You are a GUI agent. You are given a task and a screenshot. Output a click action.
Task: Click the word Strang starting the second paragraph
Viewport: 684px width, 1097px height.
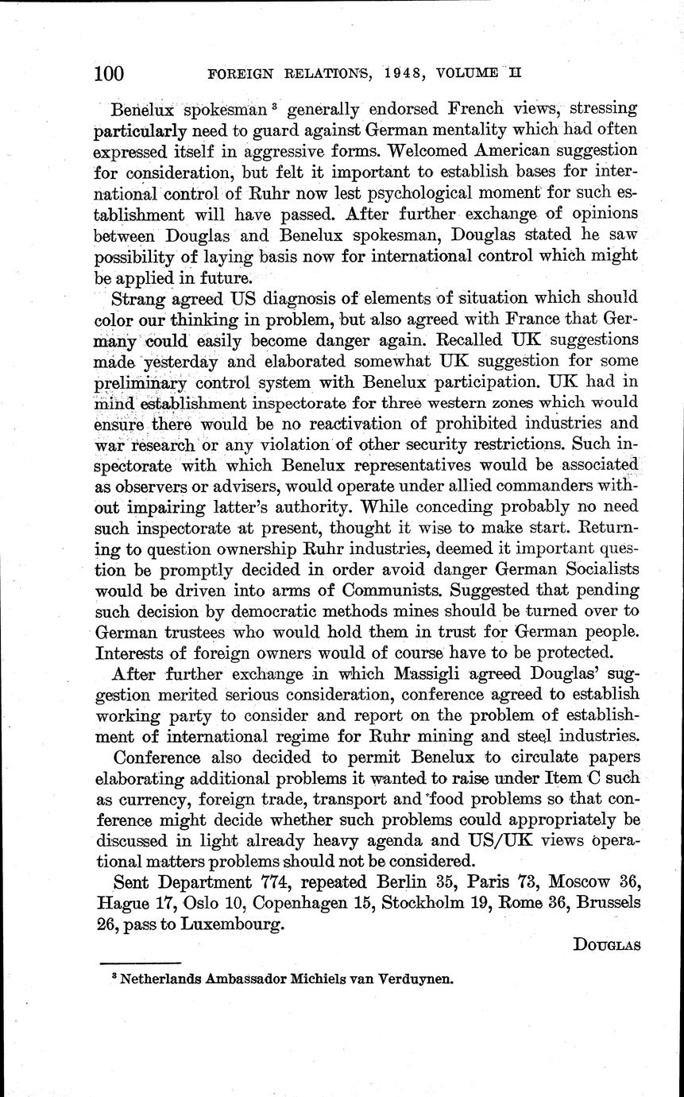pyautogui.click(x=141, y=298)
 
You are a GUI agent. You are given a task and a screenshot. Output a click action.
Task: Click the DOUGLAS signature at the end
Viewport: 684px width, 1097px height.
pyautogui.click(x=605, y=946)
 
